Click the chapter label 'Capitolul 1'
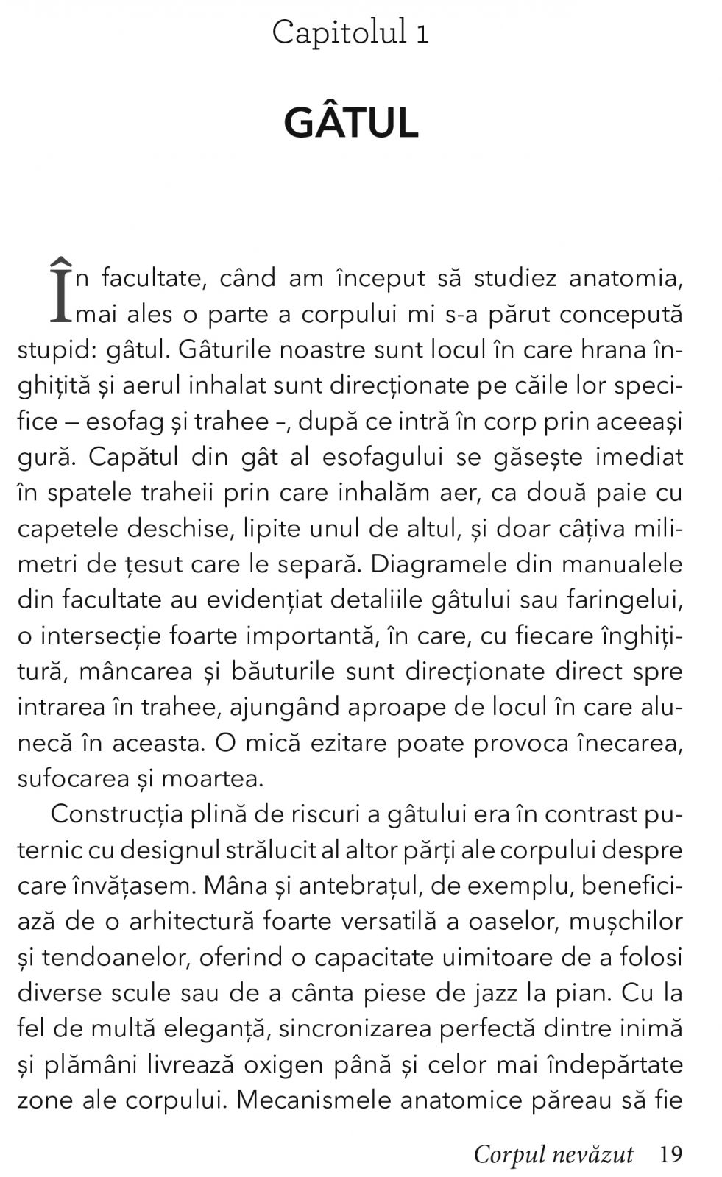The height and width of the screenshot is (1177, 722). point(350,33)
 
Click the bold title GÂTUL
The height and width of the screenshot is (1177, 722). point(351,123)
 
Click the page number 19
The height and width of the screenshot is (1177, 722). point(670,1154)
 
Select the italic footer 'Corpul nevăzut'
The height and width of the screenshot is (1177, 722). point(553,1154)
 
